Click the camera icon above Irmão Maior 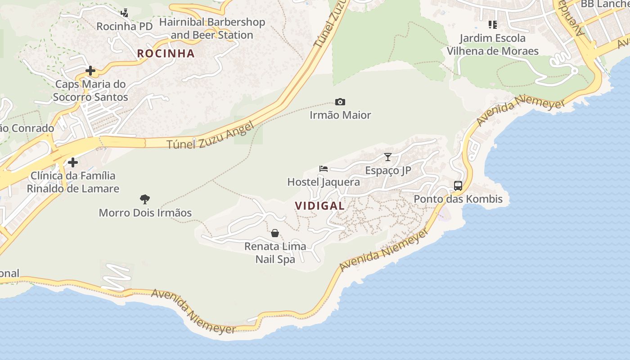340,102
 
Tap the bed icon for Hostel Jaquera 324,169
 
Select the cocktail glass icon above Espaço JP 388,157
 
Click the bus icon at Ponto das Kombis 458,185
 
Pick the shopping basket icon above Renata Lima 275,233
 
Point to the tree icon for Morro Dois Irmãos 145,199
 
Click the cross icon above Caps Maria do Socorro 90,71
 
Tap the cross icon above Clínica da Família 73,162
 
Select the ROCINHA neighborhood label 166,54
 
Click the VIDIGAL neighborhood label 319,206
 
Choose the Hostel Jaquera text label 324,182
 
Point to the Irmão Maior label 340,115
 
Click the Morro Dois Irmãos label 145,213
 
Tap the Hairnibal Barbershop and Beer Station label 212,28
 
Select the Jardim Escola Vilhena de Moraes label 492,45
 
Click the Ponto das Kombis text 458,199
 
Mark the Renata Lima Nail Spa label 275,253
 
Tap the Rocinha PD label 125,27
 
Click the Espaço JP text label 388,171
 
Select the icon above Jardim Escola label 492,24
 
